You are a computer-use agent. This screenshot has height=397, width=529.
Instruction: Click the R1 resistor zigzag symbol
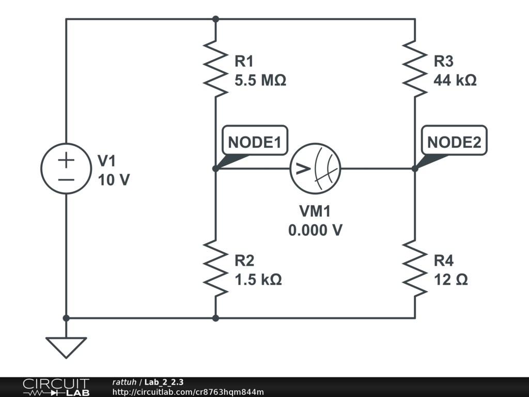coord(216,70)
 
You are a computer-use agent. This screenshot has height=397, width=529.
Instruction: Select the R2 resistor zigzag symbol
coord(216,269)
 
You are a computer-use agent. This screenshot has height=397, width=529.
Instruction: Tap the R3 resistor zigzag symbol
coord(415,70)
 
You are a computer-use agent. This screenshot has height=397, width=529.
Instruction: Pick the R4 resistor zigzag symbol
coord(415,269)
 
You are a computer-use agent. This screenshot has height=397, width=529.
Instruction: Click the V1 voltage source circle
coord(66,169)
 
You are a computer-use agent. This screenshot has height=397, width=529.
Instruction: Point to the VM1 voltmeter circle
coord(316,169)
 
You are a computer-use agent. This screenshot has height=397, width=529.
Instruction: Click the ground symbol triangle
coord(66,346)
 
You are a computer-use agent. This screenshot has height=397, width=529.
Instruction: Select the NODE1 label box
coord(254,140)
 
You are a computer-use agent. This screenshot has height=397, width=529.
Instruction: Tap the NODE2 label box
coord(454,140)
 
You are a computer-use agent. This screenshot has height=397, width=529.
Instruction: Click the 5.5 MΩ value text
coord(260,81)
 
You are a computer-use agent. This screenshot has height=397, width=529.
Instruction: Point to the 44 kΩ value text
coord(455,81)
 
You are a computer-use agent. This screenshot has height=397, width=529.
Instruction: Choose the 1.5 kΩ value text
coord(258,280)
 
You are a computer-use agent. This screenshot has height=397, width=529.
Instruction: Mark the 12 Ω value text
coord(451,280)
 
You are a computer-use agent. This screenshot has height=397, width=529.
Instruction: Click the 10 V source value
coord(114,180)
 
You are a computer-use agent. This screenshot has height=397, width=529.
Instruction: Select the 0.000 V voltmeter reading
coord(315,231)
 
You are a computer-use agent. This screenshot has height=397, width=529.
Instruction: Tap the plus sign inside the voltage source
coord(66,160)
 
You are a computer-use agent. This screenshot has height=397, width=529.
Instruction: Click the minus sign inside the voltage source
coord(66,180)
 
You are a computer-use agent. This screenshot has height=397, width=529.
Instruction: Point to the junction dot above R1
coord(216,19)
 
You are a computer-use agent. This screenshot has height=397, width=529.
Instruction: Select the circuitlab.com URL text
coord(188,392)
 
